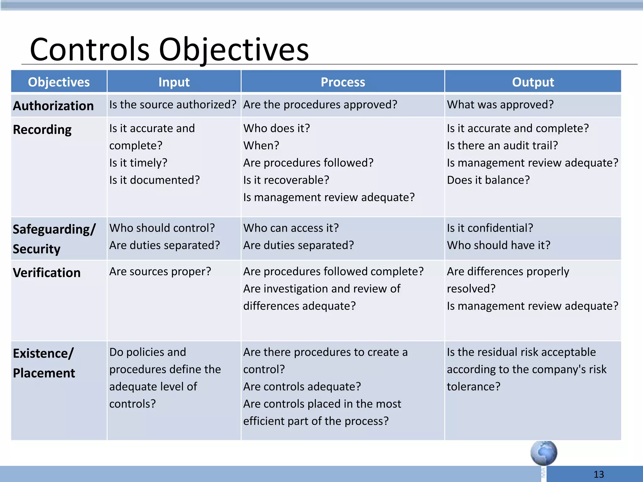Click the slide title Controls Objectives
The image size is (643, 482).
(x=169, y=50)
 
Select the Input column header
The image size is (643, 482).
(x=174, y=82)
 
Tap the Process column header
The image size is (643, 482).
(x=343, y=82)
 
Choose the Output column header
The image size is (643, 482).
(x=533, y=82)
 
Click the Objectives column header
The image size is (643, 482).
(x=59, y=82)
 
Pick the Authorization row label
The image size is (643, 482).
(x=53, y=106)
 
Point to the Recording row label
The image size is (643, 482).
(x=42, y=130)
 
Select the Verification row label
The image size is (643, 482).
(x=47, y=273)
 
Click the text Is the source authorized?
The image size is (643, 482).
(x=173, y=104)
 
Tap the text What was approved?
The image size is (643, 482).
(x=500, y=104)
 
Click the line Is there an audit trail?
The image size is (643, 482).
(x=502, y=146)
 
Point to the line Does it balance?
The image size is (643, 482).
(x=488, y=180)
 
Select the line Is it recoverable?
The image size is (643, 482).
(x=286, y=180)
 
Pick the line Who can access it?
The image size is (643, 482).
(x=291, y=228)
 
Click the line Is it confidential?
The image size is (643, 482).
(x=490, y=228)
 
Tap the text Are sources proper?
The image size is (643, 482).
(x=160, y=271)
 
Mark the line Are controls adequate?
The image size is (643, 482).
(x=302, y=387)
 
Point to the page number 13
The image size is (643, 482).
(x=599, y=474)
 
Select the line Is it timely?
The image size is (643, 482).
(x=138, y=163)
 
